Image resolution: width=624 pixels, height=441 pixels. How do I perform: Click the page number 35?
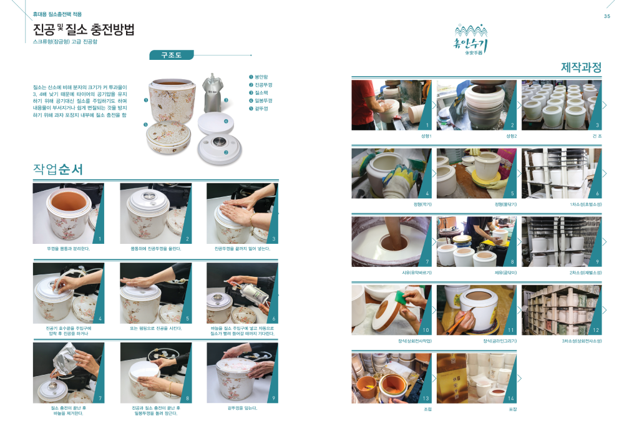tap(607, 16)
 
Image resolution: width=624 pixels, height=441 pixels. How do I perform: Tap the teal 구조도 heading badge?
tap(172, 55)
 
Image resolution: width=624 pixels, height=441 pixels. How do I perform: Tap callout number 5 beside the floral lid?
tap(145, 125)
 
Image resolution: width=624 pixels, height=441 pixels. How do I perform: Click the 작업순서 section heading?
tap(58, 169)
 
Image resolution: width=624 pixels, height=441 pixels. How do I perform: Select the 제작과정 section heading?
tap(581, 67)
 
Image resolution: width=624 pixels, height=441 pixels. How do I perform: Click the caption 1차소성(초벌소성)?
tap(585, 204)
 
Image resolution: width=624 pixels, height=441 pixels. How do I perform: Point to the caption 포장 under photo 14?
tap(513, 409)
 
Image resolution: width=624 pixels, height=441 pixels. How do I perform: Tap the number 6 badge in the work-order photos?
tap(274, 319)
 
